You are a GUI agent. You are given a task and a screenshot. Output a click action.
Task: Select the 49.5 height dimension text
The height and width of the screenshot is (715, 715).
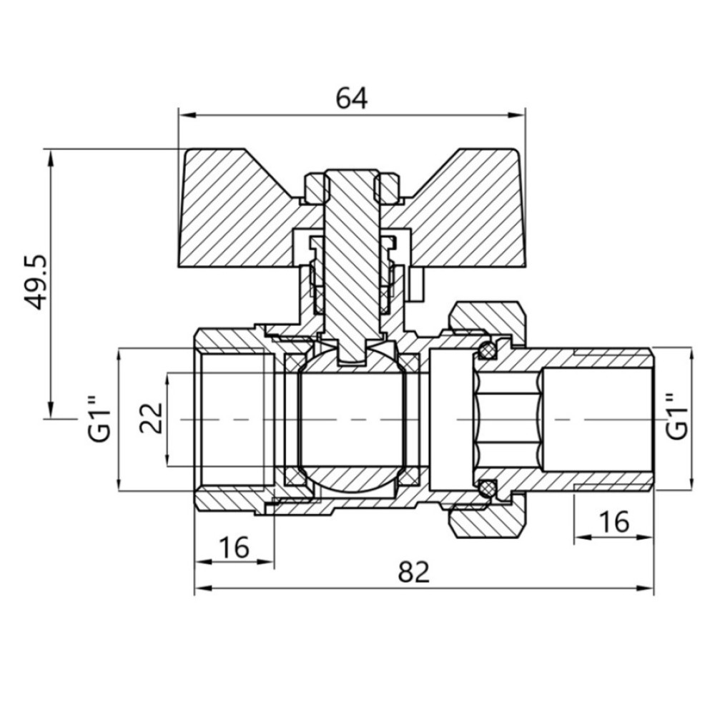35,281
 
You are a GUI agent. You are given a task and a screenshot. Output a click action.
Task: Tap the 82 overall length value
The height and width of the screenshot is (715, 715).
413,572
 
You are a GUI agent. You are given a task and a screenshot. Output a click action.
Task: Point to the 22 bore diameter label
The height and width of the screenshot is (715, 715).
152,418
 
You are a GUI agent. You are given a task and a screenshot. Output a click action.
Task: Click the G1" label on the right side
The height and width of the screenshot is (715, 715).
676,415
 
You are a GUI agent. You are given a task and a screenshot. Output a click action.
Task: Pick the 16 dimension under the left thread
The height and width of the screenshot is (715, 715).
234,547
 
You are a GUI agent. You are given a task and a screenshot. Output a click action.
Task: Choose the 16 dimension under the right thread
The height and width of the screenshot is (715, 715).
613,522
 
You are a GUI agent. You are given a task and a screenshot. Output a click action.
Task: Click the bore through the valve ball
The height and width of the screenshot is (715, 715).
351,420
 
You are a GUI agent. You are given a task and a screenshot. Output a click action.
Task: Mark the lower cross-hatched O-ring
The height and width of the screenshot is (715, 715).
486,488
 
